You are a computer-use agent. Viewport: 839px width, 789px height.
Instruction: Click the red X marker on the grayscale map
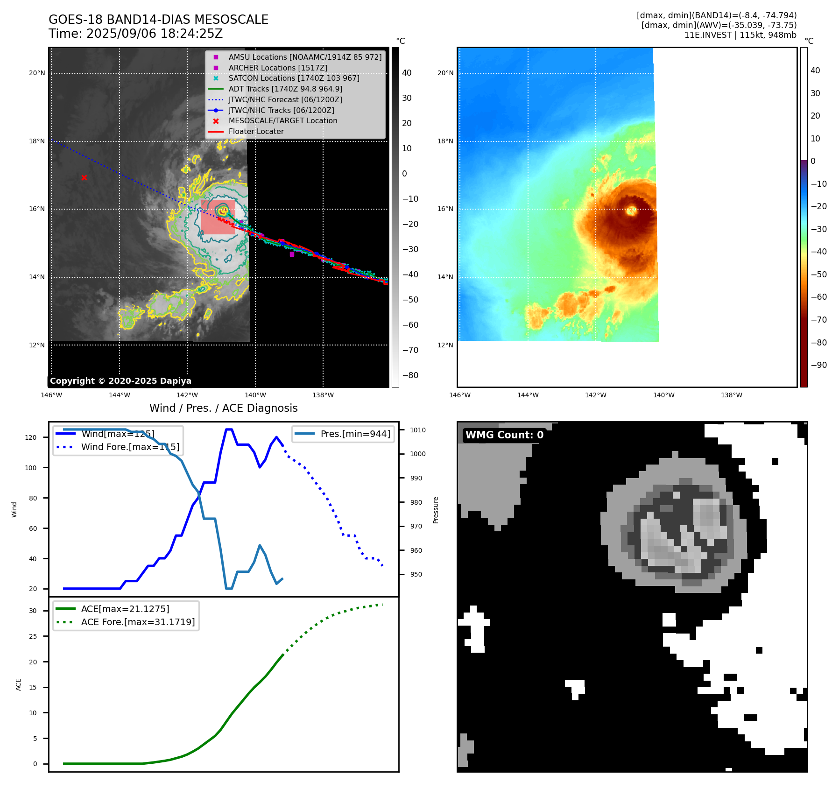[84, 177]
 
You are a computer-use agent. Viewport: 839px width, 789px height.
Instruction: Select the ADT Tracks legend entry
[285, 89]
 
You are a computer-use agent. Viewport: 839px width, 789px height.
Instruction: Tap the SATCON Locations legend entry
[294, 78]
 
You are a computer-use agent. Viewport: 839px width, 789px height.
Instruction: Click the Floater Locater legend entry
[256, 131]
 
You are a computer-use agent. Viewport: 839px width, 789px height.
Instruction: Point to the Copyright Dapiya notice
[120, 381]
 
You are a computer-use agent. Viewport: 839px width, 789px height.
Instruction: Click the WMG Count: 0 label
[504, 435]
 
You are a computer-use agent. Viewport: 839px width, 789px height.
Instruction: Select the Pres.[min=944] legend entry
[355, 434]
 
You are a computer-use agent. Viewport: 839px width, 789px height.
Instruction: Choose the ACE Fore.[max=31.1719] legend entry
[138, 622]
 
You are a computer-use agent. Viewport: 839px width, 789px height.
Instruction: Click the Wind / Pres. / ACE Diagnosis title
[223, 408]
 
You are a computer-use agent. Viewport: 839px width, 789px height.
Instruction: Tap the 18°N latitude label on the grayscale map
[37, 141]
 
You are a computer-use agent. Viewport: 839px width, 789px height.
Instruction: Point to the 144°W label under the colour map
[528, 395]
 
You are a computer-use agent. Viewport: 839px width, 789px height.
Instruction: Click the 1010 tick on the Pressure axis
[418, 430]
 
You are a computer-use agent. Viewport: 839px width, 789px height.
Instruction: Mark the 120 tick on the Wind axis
[31, 437]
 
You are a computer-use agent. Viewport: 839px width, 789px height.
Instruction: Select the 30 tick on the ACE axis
[33, 611]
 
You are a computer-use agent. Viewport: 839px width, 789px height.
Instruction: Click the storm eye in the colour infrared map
[631, 211]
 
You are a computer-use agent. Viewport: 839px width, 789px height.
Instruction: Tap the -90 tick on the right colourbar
[818, 365]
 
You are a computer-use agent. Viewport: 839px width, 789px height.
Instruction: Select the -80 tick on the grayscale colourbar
[410, 375]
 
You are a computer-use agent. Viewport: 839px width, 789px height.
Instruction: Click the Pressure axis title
[436, 510]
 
